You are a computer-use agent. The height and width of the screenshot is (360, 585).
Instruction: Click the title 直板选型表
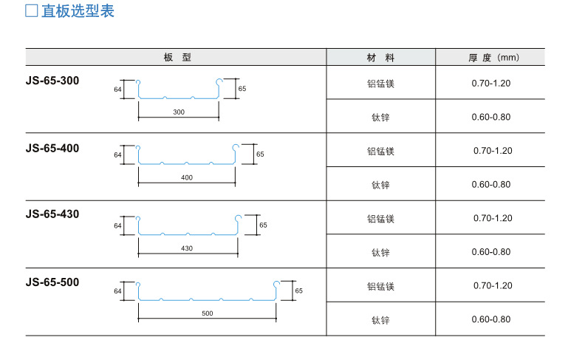78,12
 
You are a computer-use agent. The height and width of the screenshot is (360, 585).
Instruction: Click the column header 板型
177,57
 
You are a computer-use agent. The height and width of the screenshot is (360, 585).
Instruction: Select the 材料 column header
380,57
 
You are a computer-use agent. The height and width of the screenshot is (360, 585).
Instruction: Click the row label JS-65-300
52,80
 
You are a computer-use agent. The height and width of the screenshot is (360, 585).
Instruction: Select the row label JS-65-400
52,148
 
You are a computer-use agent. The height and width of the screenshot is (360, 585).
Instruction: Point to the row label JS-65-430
52,214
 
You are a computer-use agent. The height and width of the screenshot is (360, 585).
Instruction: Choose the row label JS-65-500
52,282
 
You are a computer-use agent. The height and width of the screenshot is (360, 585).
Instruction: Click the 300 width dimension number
179,112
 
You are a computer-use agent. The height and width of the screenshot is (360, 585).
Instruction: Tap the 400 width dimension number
186,178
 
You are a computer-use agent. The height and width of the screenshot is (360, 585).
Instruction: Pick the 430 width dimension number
186,248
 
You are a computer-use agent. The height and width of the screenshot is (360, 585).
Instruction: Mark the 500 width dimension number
207,314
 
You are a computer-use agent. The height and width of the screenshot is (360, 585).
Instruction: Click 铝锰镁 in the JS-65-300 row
380,83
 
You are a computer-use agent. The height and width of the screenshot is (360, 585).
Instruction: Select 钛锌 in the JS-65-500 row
380,319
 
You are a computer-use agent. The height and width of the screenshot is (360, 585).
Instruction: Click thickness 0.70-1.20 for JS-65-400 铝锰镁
493,151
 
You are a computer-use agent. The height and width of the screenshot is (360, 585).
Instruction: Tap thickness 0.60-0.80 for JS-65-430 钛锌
491,252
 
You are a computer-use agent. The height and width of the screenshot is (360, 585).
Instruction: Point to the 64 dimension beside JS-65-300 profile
117,89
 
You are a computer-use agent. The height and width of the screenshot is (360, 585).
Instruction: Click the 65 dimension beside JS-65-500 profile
299,291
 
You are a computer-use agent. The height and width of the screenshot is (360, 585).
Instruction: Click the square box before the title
31,12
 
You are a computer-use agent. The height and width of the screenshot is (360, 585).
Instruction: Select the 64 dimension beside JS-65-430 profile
117,225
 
